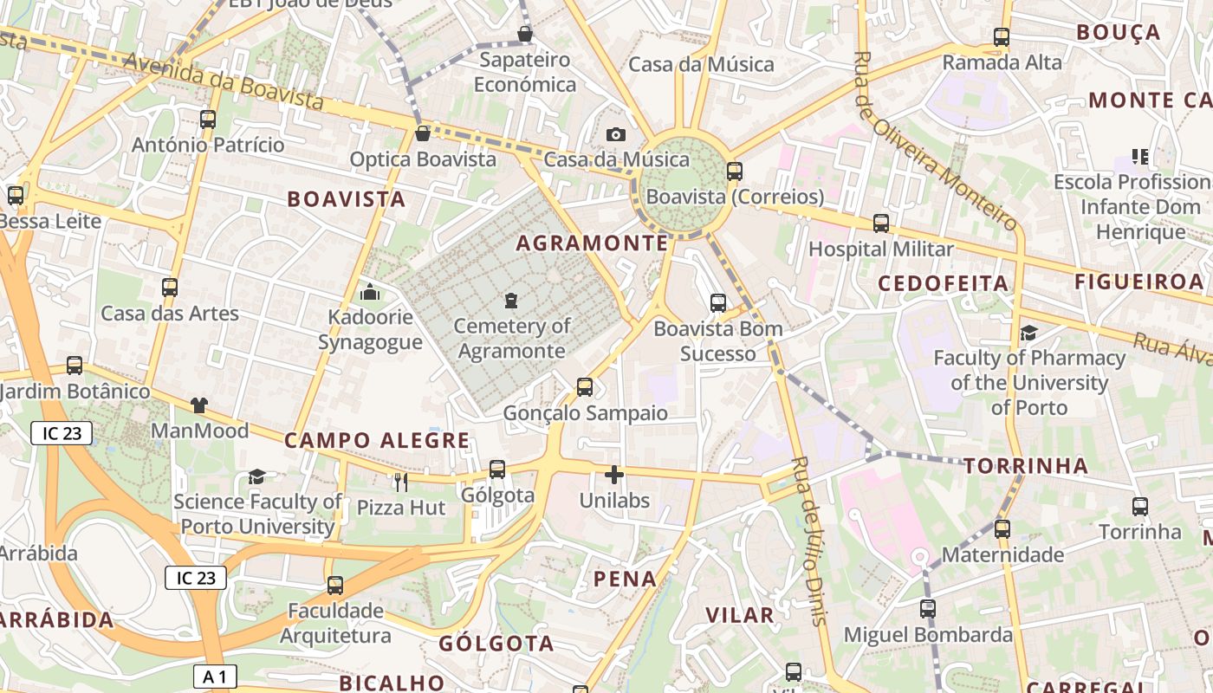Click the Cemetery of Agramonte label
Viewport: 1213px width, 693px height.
511,339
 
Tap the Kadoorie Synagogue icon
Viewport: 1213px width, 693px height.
370,293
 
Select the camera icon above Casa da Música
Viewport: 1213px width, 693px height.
616,134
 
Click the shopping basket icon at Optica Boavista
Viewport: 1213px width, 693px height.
423,133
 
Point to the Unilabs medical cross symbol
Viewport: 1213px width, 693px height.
614,475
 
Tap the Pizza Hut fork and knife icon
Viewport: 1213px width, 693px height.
400,483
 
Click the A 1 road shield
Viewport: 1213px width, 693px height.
214,677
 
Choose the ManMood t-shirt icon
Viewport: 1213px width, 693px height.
199,405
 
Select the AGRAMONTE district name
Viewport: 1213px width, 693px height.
593,243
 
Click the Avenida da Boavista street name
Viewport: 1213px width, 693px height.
224,82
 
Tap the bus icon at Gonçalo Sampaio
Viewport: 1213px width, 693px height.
585,387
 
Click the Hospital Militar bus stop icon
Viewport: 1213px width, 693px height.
881,223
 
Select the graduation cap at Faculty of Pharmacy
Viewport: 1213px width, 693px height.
1028,333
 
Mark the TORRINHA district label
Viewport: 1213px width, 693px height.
1026,466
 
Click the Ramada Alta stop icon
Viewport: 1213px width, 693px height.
1002,37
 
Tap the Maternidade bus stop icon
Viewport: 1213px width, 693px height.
1002,528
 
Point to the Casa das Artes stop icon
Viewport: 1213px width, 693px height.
170,288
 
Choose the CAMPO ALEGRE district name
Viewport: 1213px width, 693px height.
377,440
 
